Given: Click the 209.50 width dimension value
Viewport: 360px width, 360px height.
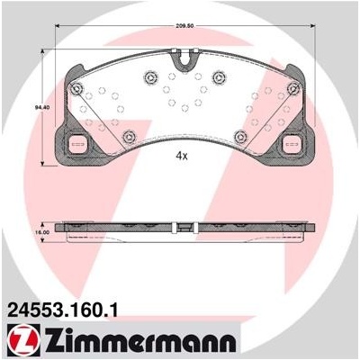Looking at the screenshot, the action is tap(184, 26).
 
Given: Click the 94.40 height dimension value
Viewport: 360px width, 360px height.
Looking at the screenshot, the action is tap(37, 106).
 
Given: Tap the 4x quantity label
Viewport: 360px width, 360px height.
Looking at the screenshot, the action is tap(181, 156).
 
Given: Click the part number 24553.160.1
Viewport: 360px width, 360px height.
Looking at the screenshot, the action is tap(61, 310).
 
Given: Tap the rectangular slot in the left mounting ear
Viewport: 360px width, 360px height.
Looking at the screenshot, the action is tap(77, 144).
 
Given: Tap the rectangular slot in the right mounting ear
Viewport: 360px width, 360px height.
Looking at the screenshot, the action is tap(292, 144).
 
